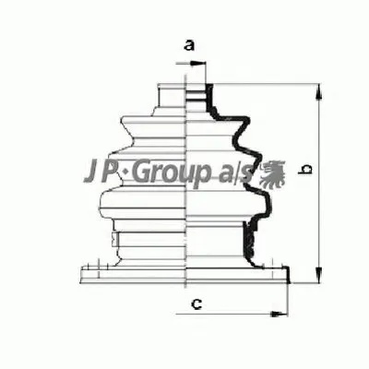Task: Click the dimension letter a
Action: coord(189,43)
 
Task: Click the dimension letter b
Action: coord(310,168)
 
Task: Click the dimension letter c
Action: coord(195,304)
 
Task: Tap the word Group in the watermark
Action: coord(177,173)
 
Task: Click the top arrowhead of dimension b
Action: coord(317,89)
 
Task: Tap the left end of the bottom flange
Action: coord(81,274)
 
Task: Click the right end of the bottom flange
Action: coord(288,274)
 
